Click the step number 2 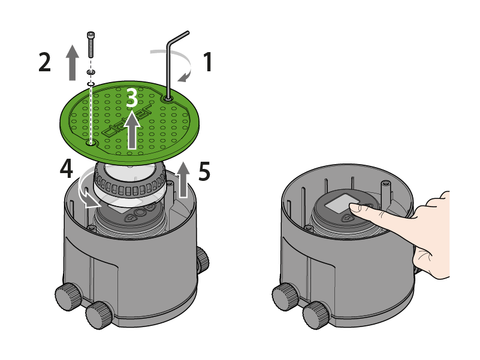tap(44, 62)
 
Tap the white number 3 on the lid tap(132, 98)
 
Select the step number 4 tap(68, 170)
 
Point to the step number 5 tap(204, 172)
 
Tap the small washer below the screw tap(90, 74)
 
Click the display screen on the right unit tap(339, 204)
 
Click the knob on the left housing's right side tap(202, 258)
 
